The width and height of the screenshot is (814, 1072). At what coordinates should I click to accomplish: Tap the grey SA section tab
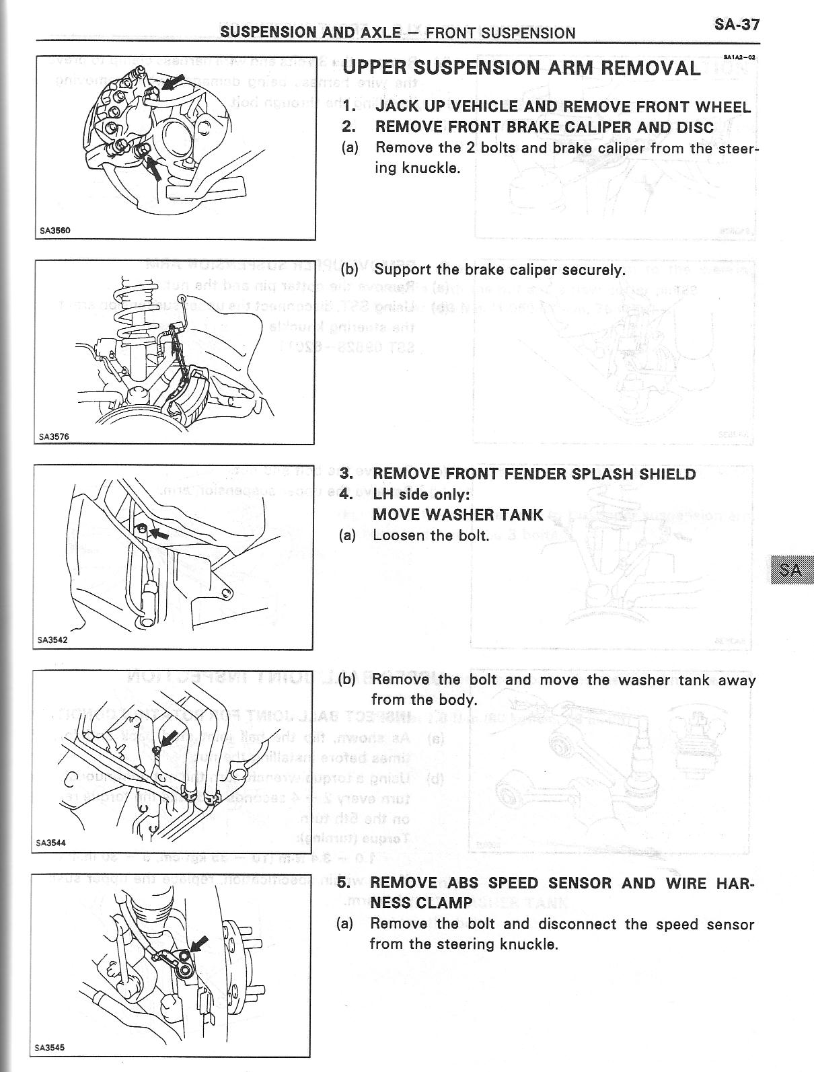click(x=790, y=570)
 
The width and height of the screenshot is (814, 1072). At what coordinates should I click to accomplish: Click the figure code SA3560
click(x=54, y=231)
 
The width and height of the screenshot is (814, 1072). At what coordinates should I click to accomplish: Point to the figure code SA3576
click(x=54, y=436)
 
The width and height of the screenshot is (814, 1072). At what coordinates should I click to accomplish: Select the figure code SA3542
click(x=52, y=640)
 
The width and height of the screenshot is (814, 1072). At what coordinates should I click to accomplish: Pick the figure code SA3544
click(x=52, y=842)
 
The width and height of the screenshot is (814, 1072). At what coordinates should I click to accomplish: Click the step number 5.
click(x=344, y=882)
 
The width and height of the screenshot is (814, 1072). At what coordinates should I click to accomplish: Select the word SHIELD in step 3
click(x=667, y=474)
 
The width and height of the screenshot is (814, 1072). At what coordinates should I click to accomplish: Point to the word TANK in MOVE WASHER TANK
click(x=521, y=515)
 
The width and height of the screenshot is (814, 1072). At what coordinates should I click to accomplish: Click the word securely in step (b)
click(x=594, y=270)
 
